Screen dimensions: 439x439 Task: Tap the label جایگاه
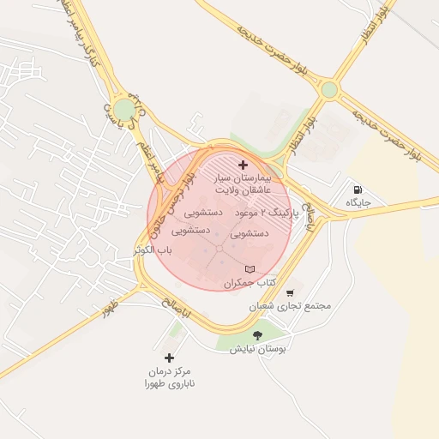tap(358, 203)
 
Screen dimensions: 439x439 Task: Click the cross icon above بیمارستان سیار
tap(243, 164)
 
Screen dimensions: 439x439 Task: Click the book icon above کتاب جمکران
tap(250, 270)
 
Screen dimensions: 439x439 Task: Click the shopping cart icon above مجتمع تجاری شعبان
tap(289, 292)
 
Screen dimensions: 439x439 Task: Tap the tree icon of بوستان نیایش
tap(257, 334)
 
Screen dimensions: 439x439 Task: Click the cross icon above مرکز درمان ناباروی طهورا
tap(169, 358)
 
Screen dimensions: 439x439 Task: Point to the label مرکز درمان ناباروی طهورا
tap(169, 377)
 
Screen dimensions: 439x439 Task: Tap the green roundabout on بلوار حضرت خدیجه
tap(329, 90)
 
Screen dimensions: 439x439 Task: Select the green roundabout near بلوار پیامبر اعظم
tap(126, 109)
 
